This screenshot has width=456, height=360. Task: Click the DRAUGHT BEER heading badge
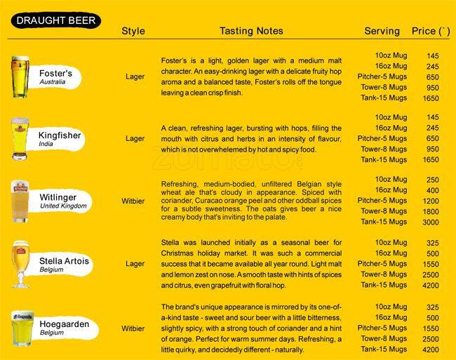click(55, 21)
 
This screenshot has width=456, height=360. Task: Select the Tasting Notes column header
click(251, 31)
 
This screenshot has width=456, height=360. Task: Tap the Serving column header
click(382, 31)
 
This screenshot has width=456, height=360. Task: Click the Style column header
click(133, 31)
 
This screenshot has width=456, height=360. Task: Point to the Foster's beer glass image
click(19, 76)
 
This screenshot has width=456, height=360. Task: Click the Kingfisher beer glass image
click(19, 139)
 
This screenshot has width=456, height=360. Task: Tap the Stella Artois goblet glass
click(20, 264)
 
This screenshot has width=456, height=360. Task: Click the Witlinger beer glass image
click(19, 201)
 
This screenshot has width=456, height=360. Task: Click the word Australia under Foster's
click(53, 82)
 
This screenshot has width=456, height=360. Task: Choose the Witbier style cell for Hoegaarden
click(133, 328)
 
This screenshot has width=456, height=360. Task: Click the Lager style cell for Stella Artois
click(135, 264)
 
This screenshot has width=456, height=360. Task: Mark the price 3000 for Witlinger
click(431, 222)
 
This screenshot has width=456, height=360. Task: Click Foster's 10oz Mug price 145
click(432, 55)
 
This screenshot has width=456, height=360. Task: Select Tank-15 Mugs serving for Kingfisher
click(384, 159)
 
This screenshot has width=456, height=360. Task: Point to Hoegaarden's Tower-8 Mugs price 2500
click(431, 339)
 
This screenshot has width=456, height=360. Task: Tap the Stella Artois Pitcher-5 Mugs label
click(382, 264)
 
